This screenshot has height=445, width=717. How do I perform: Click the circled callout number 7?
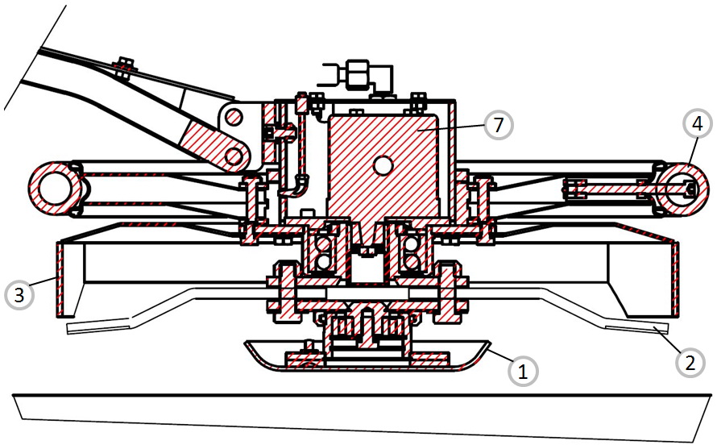pyautogui.click(x=498, y=124)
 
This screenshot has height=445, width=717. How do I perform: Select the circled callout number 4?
pyautogui.click(x=696, y=124)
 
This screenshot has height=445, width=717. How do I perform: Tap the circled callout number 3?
pyautogui.click(x=19, y=295)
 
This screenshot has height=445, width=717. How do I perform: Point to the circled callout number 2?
pyautogui.click(x=690, y=363)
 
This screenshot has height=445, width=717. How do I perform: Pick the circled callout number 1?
pyautogui.click(x=523, y=371)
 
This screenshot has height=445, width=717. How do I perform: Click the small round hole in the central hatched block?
pyautogui.click(x=383, y=166)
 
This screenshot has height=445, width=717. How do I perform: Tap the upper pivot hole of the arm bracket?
pyautogui.click(x=234, y=116)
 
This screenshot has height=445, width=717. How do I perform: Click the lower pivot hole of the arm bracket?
pyautogui.click(x=234, y=156)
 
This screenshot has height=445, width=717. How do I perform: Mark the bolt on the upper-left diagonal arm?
pyautogui.click(x=122, y=68)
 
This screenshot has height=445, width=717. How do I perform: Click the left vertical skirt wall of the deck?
pyautogui.click(x=60, y=279)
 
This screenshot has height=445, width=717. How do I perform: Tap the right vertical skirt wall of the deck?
pyautogui.click(x=676, y=279)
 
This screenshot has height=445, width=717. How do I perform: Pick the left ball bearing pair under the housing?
pyautogui.click(x=322, y=247)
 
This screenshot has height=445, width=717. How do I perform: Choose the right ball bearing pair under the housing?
pyautogui.click(x=411, y=247)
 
